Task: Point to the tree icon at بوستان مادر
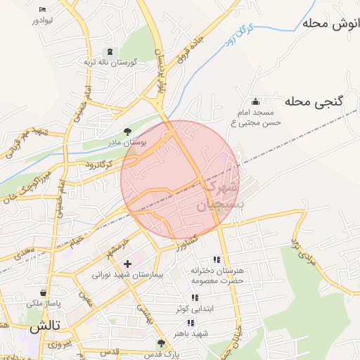127,131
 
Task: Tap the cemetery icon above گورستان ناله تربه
110,51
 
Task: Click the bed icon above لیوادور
43,9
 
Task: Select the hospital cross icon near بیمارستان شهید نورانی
127,264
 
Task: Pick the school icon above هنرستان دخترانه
217,259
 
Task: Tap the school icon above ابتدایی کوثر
195,298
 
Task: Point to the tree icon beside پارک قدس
161,344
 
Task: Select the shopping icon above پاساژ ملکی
44,292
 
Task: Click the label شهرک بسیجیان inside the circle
221,196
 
